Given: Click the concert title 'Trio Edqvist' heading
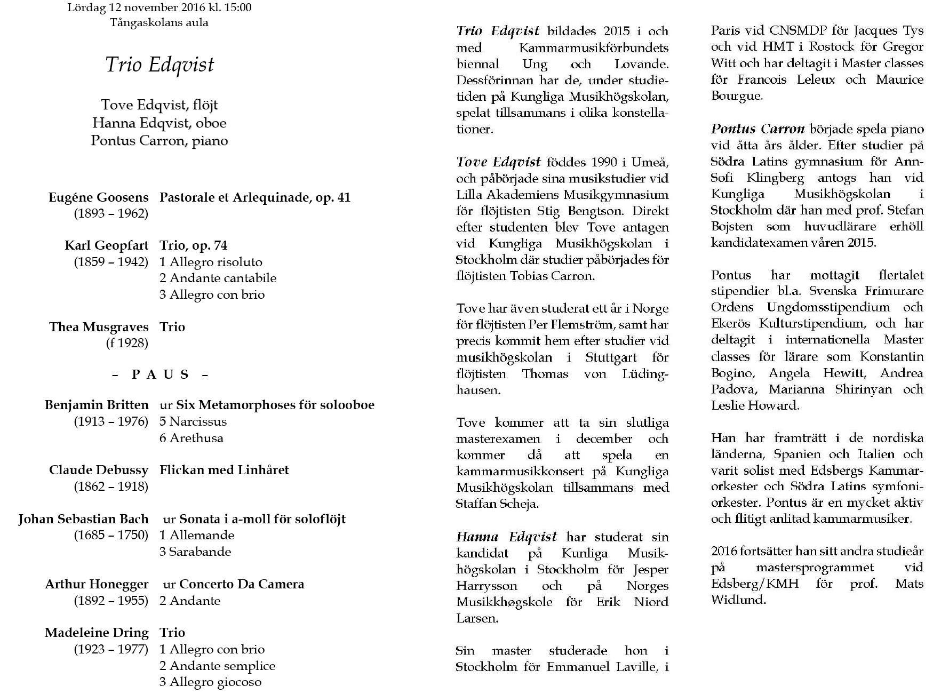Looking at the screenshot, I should [160, 65].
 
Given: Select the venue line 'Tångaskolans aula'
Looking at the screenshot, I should [159, 23].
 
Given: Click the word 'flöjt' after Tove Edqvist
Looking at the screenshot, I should [205, 105].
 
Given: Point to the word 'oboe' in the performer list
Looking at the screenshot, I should [211, 123].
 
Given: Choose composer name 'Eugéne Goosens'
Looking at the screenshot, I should [98, 198].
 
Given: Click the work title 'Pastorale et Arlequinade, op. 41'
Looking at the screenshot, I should [254, 198].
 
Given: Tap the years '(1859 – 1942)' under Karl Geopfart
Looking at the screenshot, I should [111, 262].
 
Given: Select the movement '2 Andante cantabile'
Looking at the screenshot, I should [218, 278].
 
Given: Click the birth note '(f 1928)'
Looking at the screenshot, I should [127, 343].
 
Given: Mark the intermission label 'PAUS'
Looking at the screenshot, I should [160, 374].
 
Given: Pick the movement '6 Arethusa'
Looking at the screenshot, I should [192, 438].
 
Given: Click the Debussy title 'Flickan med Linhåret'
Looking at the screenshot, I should [224, 470].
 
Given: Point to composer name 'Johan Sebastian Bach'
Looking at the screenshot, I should [83, 519].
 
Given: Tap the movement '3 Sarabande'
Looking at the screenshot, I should [195, 552].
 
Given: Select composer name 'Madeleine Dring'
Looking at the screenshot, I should [97, 633].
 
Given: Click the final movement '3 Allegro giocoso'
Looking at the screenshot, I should [210, 682].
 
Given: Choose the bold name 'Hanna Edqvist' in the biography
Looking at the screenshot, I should [506, 537].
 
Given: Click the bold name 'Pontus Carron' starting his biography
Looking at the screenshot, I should [757, 129].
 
